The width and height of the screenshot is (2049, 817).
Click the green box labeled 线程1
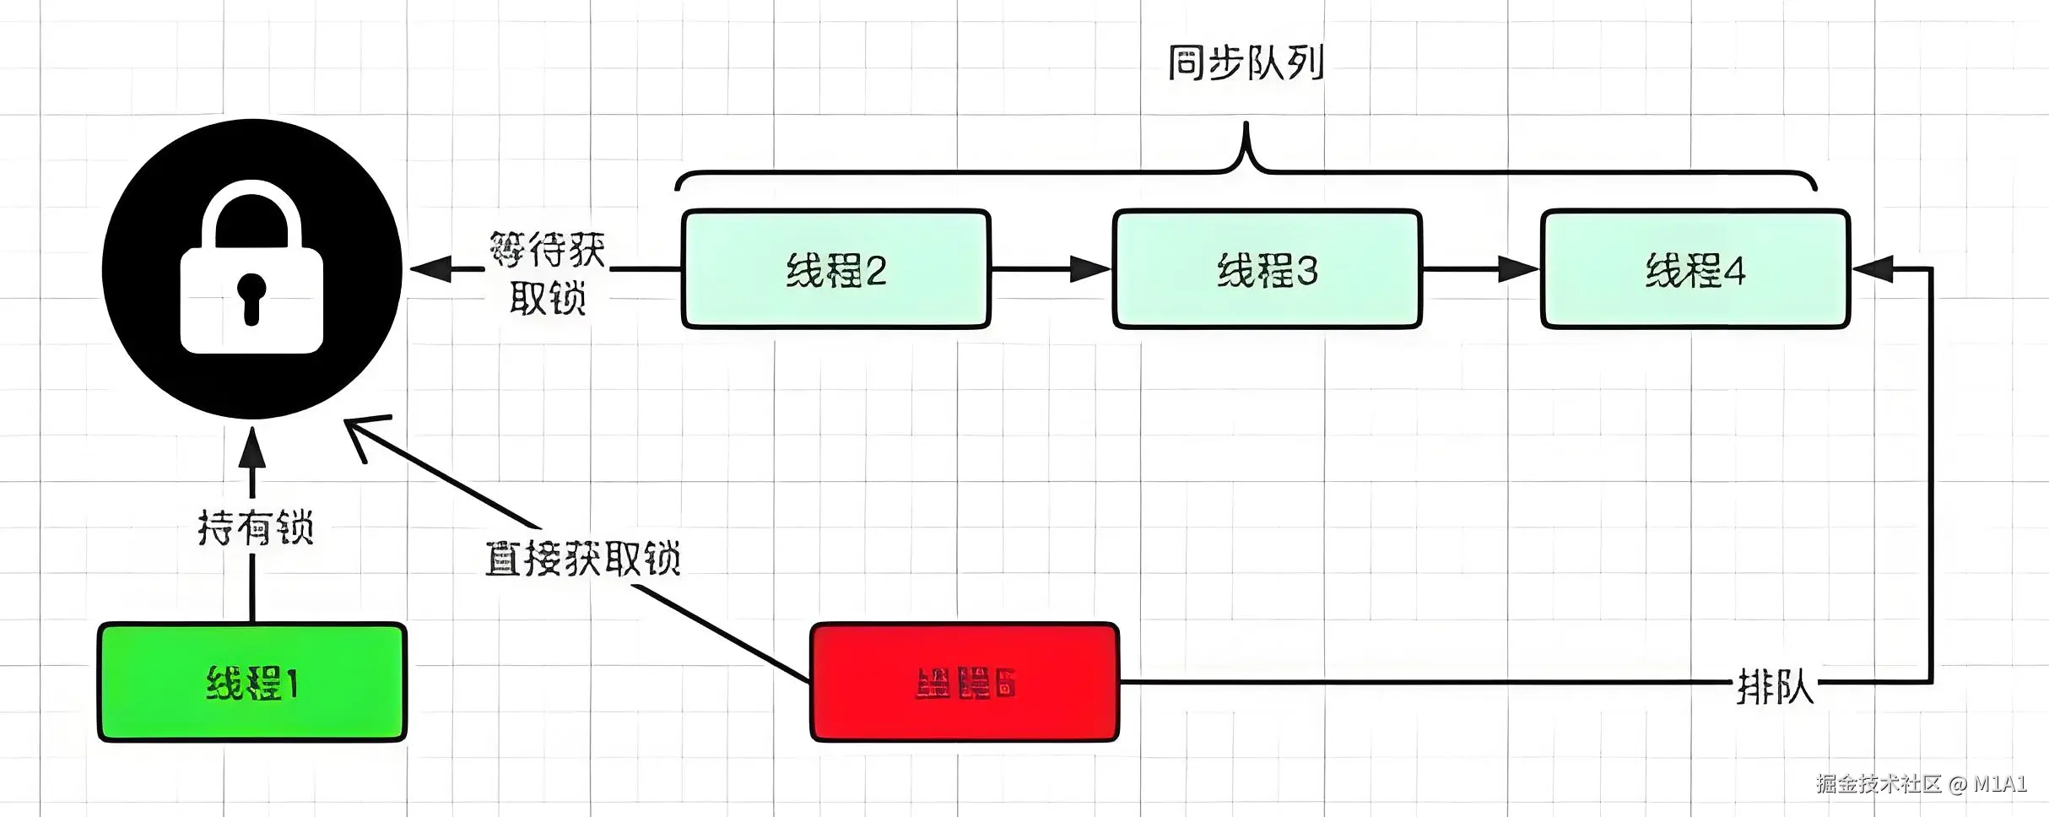[x=252, y=682]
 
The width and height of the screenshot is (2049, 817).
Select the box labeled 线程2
[x=835, y=269]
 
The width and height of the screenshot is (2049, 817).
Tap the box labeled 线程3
[x=1267, y=269]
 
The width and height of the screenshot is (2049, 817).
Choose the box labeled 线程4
[x=1695, y=269]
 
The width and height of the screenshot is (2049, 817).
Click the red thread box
[x=965, y=682]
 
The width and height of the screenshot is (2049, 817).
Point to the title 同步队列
[x=1246, y=62]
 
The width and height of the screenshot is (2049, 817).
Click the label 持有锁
[x=255, y=528]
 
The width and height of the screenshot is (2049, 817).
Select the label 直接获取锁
[x=582, y=559]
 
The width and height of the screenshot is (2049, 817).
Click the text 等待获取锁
[x=547, y=273]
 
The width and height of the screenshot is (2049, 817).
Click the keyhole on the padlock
[x=251, y=295]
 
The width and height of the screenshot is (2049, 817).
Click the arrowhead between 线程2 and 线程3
[x=1090, y=269]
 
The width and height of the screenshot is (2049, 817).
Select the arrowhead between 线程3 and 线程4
[x=1518, y=269]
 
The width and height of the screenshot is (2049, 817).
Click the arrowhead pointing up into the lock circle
[x=251, y=448]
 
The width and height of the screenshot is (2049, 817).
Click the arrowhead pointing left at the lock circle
[x=430, y=269]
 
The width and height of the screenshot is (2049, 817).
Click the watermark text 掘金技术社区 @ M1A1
[x=1921, y=784]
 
